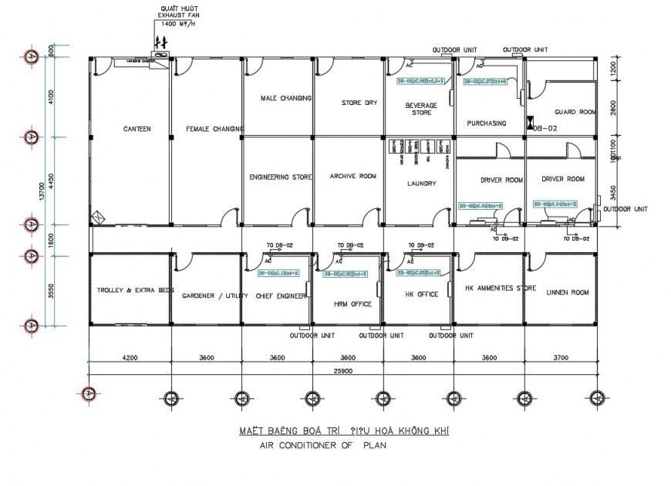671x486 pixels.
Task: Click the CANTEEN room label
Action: [137, 129]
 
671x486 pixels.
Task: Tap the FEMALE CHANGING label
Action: [214, 129]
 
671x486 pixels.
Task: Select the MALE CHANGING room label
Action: [285, 98]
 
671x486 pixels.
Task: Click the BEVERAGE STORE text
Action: [421, 109]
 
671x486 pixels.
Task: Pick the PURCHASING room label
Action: [487, 123]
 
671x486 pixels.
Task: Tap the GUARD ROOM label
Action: [575, 112]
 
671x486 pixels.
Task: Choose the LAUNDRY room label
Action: [421, 184]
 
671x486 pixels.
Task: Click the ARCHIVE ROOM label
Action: [352, 177]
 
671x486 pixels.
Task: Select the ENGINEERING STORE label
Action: [281, 177]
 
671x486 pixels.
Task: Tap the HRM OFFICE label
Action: [352, 304]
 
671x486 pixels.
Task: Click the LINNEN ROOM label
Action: [567, 292]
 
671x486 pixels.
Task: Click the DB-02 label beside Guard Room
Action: [545, 129]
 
